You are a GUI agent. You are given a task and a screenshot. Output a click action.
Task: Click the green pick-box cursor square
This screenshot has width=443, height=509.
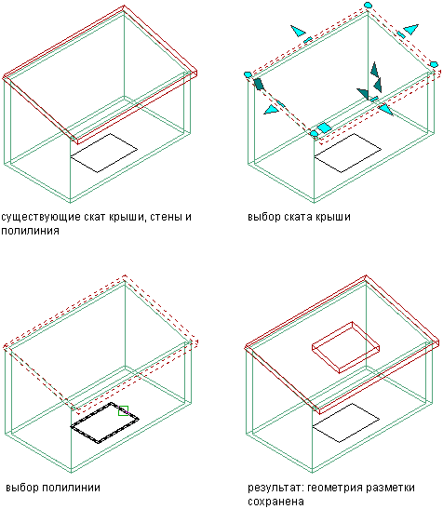tap(123, 410)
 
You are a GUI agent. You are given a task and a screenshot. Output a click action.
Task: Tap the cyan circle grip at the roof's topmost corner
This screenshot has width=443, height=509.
tap(368, 5)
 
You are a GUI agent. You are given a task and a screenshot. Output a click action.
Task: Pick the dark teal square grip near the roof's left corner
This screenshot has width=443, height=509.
tap(259, 84)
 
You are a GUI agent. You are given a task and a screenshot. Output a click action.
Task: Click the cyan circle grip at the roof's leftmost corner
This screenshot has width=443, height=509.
tap(248, 74)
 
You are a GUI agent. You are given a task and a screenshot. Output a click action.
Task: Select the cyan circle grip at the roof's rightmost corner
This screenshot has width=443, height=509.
tap(434, 64)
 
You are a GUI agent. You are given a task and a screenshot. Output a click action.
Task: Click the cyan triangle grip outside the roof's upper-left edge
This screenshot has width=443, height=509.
tap(298, 31)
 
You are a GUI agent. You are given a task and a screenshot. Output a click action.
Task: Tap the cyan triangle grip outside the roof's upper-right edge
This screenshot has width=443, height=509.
tap(411, 29)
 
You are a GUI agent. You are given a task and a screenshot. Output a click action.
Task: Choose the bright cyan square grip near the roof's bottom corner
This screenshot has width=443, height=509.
tap(324, 127)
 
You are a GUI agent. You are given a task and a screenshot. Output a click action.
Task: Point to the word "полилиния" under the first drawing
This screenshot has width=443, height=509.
tap(30, 231)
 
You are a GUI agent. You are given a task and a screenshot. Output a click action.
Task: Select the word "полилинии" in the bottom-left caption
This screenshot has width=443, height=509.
tap(72, 488)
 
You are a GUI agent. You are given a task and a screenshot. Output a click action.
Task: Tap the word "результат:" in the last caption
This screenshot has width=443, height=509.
tap(275, 488)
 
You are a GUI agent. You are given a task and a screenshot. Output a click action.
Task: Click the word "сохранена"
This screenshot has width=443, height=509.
tap(275, 502)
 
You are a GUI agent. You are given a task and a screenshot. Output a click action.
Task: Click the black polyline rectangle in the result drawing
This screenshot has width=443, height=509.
tap(345, 423)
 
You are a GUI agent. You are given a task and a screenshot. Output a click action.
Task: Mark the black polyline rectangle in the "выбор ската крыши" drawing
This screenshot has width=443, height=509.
tap(347, 153)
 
